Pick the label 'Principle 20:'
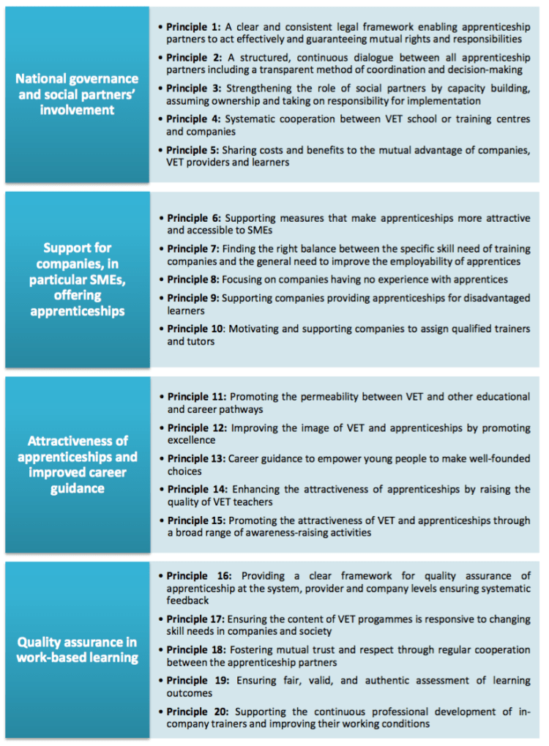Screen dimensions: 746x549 tap(196, 712)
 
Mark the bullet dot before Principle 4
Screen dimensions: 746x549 tap(161, 119)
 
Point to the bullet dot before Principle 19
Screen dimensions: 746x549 tap(161, 681)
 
